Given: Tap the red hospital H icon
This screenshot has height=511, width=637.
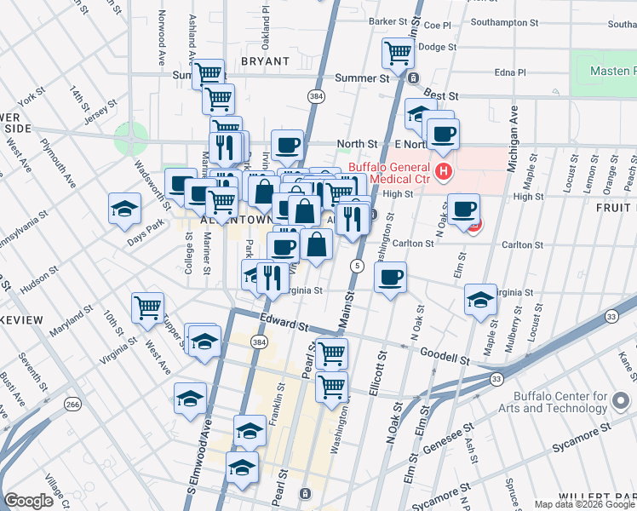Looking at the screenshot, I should (x=443, y=173).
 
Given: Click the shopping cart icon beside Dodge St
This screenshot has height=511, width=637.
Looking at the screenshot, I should (x=398, y=53).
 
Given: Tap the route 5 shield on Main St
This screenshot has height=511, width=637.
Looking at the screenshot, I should (x=357, y=267).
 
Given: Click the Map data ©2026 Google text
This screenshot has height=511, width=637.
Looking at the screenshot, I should (x=584, y=504).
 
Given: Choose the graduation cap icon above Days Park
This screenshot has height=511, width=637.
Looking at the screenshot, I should (x=124, y=208).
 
